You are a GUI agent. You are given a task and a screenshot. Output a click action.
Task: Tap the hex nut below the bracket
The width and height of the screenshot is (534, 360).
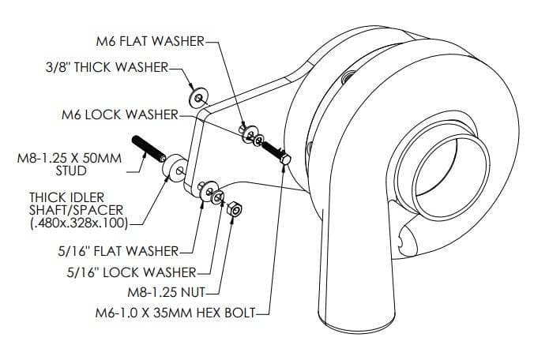pos(234,211)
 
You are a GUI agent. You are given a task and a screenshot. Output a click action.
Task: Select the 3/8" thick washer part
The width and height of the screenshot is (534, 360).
pos(197,97)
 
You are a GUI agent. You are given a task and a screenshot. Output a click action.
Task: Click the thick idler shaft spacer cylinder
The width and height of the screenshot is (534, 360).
pos(173,167)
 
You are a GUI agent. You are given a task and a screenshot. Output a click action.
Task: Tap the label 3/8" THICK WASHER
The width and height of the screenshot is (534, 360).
pos(111,68)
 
